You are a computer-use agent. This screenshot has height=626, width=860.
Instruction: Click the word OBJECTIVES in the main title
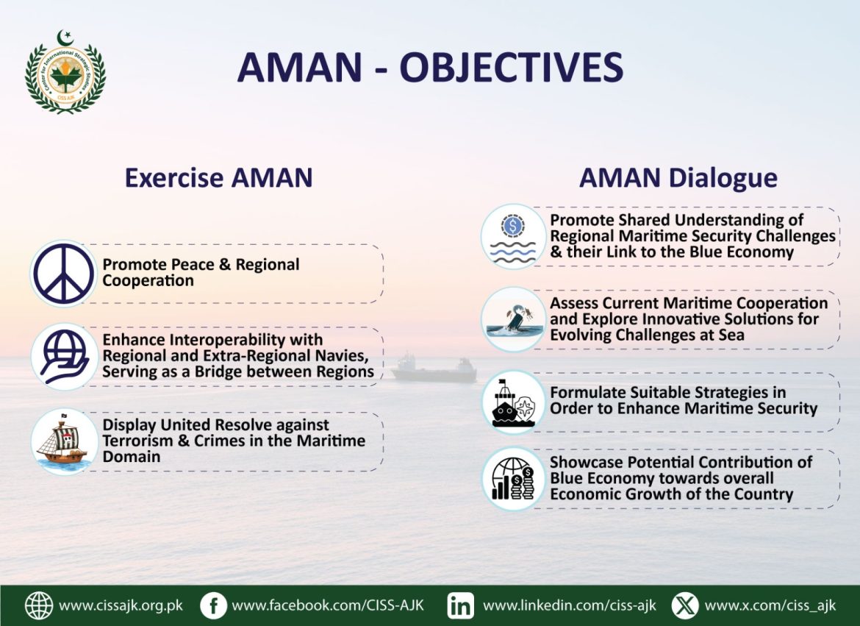pos(511,68)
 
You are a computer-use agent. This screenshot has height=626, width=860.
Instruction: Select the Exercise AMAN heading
pos(218,178)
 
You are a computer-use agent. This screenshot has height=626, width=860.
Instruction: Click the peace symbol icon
pos(64,274)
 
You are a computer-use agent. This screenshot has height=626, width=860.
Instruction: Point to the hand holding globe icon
pos(64,357)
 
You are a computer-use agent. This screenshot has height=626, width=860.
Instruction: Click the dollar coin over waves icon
pos(513,237)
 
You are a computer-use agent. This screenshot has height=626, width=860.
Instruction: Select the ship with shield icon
pos(513,403)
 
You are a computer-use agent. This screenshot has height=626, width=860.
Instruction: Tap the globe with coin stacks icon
pos(513,479)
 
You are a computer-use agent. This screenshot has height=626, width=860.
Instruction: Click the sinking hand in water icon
pos(513,319)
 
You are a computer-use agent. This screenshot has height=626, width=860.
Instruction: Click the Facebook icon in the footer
pos(213,605)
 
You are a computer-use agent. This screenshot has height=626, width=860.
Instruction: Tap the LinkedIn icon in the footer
pos(461,605)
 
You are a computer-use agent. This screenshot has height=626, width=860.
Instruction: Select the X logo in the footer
pos(685,605)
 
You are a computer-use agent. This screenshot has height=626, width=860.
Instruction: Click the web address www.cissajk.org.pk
pos(121,606)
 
